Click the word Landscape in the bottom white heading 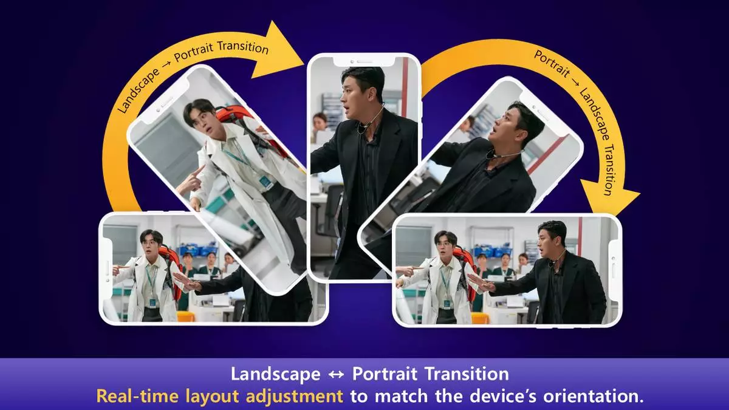click(276, 374)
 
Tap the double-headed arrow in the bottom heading click(337, 375)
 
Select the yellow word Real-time click(138, 396)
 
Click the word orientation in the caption click(597, 396)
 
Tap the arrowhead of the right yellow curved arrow click(609, 199)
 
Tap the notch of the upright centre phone click(364, 61)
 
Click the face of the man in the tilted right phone click(504, 123)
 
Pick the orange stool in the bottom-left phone click(186, 316)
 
